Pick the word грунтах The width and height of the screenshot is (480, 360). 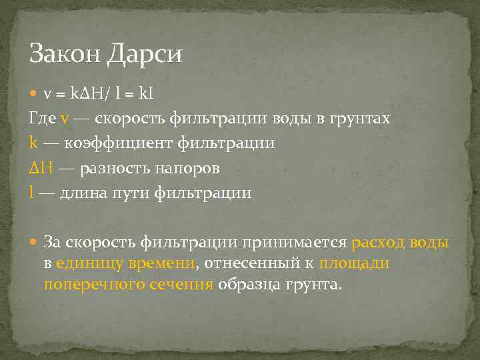tap(358, 119)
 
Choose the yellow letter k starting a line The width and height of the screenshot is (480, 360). tap(33, 143)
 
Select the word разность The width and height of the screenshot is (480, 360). tap(115, 169)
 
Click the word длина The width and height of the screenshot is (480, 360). tap(83, 193)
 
